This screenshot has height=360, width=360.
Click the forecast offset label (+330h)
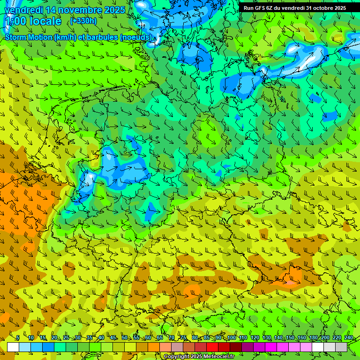[x=83, y=21]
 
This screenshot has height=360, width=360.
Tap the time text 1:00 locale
[x=33, y=21]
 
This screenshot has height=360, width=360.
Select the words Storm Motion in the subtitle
[x=28, y=37]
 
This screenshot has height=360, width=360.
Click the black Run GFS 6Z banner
[x=294, y=8]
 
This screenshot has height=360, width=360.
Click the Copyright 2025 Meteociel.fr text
[x=198, y=356]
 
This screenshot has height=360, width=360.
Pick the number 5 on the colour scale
[x=18, y=337]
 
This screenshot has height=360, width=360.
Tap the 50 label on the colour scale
[x=125, y=337]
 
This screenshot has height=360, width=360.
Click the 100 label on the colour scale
[x=231, y=337]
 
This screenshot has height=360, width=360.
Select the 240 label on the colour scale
[x=348, y=337]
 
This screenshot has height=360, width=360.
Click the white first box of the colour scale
[x=13, y=347]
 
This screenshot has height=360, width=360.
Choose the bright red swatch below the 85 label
[x=212, y=347]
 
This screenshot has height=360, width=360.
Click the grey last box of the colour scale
[x=341, y=347]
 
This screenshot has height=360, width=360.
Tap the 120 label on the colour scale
[x=255, y=337]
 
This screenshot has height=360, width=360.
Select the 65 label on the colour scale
[x=160, y=337]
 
